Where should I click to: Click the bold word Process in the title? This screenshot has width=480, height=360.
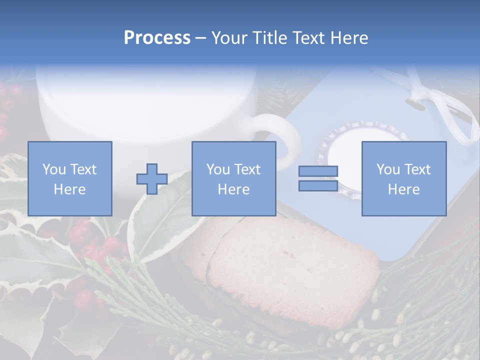(x=157, y=38)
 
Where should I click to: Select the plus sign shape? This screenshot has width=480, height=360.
(x=152, y=179)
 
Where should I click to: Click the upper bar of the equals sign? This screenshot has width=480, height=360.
(x=318, y=171)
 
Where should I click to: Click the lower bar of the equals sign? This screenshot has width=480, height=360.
(x=318, y=185)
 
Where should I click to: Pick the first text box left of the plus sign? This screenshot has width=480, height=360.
(x=69, y=178)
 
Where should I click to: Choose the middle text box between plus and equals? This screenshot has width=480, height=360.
(x=233, y=178)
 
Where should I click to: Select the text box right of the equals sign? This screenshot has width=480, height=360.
(x=403, y=178)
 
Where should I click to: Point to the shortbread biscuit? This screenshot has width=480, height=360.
(x=280, y=260)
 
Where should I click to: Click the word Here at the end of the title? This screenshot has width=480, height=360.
(x=349, y=38)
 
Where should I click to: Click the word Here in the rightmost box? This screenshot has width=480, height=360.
(x=403, y=189)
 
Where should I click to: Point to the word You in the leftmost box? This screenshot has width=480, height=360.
(x=53, y=169)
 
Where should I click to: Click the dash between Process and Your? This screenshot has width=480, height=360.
(x=200, y=38)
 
